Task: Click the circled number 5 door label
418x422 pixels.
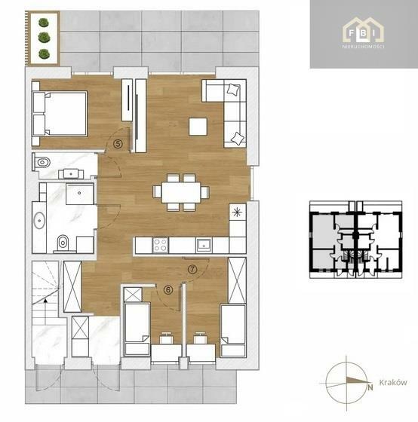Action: tap(118, 144)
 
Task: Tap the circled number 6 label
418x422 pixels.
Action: tap(168, 290)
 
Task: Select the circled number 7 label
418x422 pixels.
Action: tap(192, 269)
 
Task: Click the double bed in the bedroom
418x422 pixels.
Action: tap(60, 113)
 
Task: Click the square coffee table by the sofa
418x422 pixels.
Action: tap(198, 127)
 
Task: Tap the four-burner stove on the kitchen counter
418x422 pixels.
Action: tap(160, 245)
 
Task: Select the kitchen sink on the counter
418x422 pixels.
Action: tap(204, 245)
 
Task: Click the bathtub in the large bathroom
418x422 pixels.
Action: tap(39, 221)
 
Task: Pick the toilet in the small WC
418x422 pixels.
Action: tap(42, 162)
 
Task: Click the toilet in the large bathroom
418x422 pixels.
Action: tap(63, 243)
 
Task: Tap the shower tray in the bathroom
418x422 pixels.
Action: tap(80, 194)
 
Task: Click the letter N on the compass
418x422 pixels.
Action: tap(370, 387)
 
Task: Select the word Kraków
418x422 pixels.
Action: tap(393, 383)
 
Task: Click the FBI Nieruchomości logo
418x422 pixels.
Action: tap(363, 34)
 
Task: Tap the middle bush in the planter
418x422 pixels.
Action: tap(44, 38)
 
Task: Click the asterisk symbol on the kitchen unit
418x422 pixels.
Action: tap(237, 213)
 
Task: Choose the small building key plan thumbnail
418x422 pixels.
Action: tap(355, 240)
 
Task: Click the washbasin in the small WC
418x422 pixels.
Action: tap(71, 174)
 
